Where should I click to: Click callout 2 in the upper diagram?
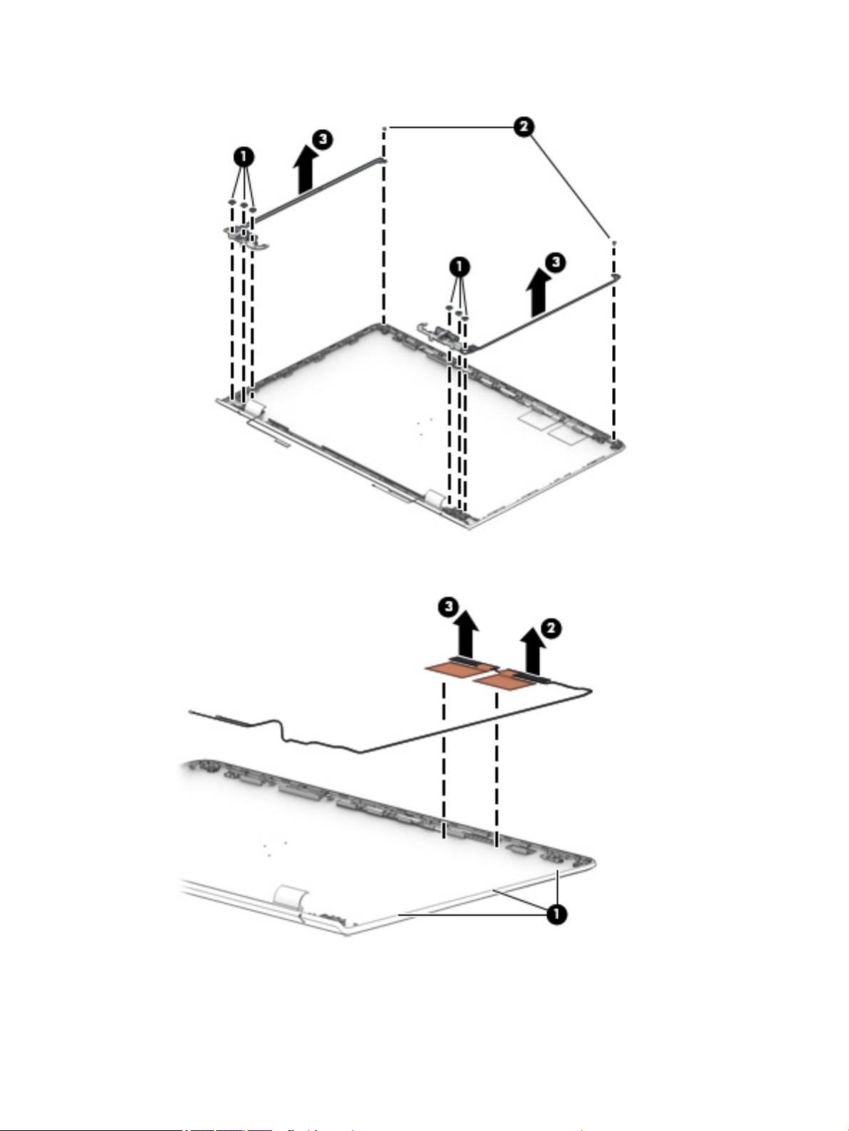coord(524,127)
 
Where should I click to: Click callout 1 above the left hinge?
coord(244,156)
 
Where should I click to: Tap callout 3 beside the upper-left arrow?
coord(323,139)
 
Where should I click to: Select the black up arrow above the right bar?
coord(537,295)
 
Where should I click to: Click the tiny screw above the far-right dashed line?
coord(614,243)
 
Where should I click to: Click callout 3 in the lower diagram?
coord(448,607)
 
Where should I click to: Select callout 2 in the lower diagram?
coord(550,629)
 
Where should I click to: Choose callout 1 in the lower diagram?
coord(556,914)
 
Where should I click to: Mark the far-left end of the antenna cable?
coord(191,712)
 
